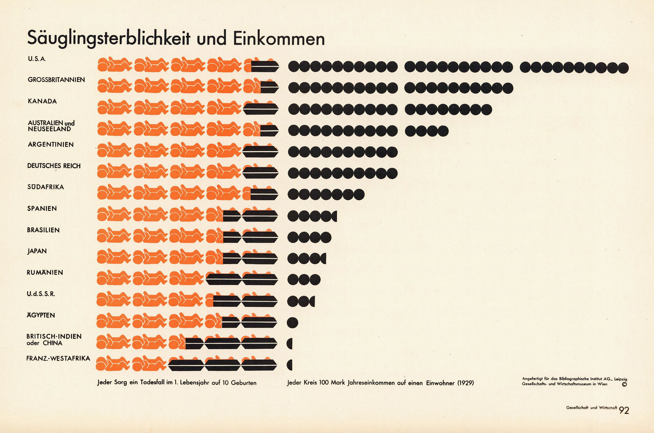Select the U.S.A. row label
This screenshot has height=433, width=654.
point(37,59)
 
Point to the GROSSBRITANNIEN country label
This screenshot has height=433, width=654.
point(56,80)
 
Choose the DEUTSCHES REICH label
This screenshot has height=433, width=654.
point(54,166)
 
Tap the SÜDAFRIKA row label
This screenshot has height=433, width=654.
point(45,187)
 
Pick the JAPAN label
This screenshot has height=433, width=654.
point(37,251)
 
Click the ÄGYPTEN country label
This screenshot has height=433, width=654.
point(41,315)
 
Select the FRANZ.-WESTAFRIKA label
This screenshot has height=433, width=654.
point(58,358)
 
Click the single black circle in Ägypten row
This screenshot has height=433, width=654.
point(292,322)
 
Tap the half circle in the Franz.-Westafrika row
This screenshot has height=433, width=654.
point(290,365)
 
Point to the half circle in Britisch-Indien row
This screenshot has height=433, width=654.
point(290,344)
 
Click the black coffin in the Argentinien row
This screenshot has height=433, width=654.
point(260,151)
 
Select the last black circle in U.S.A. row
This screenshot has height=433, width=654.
point(623,68)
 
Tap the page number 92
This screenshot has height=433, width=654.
point(624,410)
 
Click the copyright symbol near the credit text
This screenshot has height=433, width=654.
point(624,384)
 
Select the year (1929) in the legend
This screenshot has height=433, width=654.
point(465,383)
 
